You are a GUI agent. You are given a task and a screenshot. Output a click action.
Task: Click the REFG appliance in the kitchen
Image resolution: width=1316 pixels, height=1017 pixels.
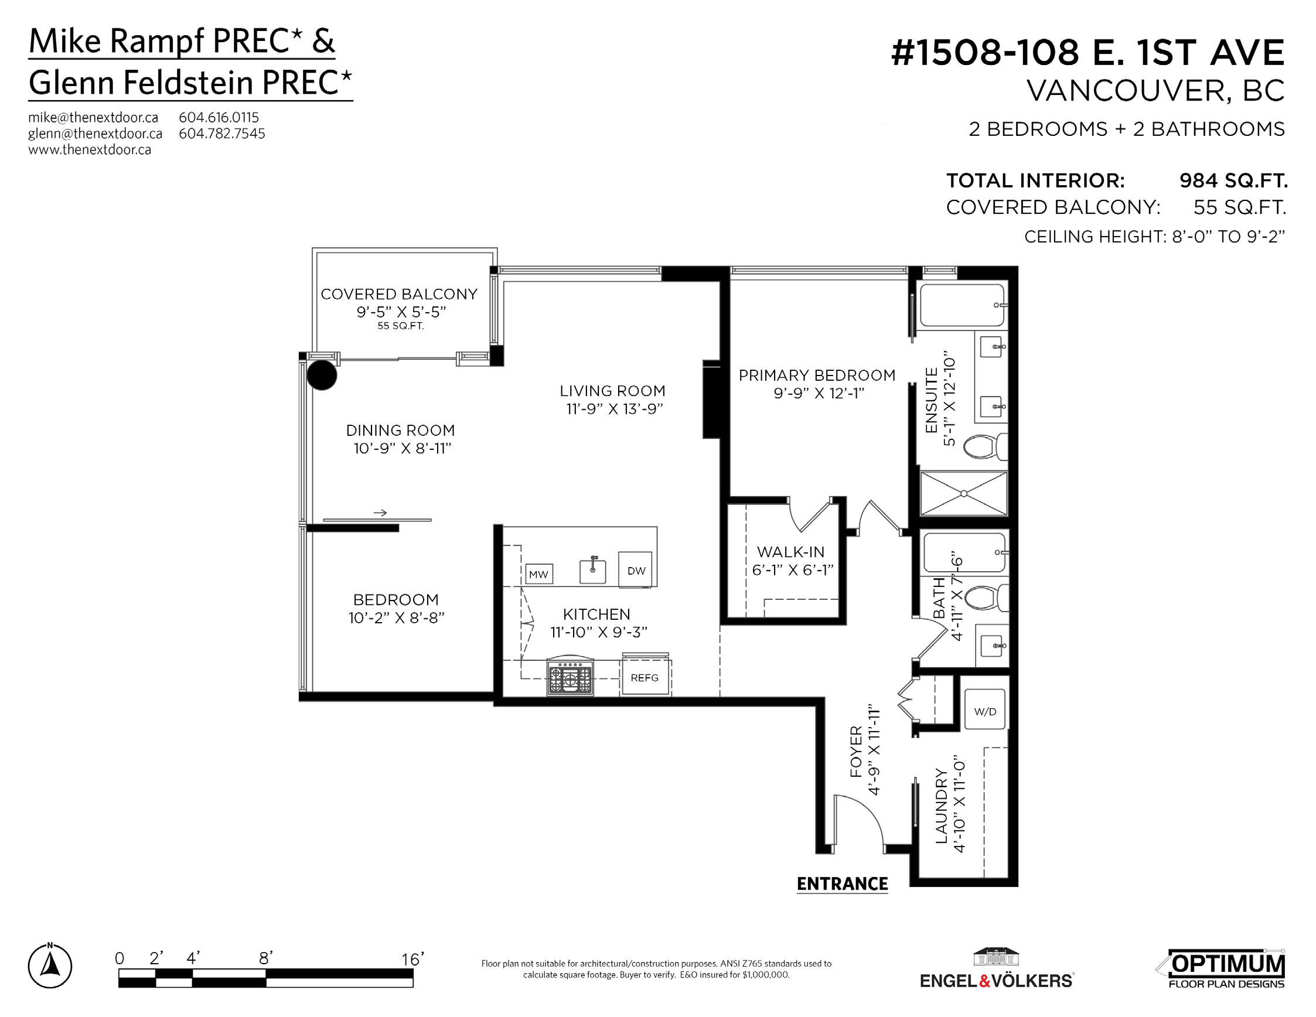click(645, 677)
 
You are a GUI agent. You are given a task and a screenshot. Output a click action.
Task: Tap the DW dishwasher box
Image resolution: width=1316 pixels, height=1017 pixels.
click(635, 570)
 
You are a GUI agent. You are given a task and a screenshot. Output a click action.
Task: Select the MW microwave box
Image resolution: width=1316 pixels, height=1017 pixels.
click(538, 574)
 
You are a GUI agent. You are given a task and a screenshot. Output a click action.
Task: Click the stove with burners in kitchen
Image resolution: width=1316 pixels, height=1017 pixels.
click(570, 677)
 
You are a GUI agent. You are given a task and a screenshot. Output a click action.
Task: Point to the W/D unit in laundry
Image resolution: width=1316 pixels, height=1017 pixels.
click(985, 711)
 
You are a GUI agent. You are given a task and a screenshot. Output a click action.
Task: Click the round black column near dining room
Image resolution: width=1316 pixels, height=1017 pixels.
click(322, 375)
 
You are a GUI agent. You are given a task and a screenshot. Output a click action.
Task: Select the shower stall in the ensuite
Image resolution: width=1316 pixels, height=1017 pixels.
click(964, 493)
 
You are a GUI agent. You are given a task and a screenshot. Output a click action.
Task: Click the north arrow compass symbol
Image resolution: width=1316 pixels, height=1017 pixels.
click(50, 967)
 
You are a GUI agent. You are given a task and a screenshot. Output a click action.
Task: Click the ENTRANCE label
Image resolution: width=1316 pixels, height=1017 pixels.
click(843, 884)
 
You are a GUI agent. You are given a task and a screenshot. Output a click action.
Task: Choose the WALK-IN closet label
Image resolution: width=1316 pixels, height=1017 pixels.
click(790, 552)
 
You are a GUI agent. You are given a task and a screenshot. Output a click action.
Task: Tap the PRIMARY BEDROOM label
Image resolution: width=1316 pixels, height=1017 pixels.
click(817, 376)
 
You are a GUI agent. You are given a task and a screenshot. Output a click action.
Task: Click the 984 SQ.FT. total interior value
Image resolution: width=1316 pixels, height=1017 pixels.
click(1233, 180)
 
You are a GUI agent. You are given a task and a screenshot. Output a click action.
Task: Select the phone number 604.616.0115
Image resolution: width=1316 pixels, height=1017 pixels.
click(219, 118)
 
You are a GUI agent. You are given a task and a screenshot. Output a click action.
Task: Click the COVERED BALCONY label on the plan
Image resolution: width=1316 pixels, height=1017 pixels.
click(399, 294)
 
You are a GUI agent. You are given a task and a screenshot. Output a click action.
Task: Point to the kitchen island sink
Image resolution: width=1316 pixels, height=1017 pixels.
click(593, 570)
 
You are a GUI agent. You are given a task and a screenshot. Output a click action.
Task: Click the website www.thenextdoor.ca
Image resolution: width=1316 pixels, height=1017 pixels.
click(90, 149)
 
